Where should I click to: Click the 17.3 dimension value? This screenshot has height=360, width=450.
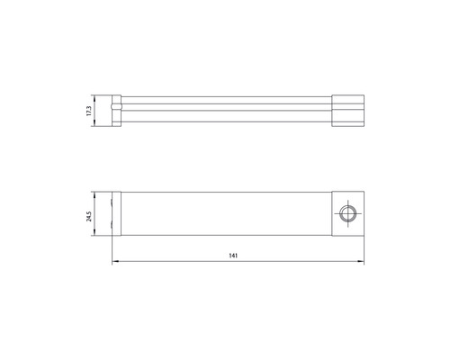pos(88,111)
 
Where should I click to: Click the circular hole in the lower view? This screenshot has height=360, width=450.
pos(346,212)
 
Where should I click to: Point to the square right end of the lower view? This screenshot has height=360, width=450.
pos(346,212)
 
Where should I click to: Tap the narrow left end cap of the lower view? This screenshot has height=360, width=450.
pos(115,212)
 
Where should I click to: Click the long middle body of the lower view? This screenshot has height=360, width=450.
pos(225,212)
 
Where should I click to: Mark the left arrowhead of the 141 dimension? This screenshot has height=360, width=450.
pos(114,264)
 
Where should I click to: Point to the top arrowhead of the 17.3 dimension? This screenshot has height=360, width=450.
pos(94,95)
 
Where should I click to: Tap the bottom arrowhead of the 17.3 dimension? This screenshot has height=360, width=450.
pos(94,126)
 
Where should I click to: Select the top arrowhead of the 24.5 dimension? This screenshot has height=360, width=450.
pos(94,193)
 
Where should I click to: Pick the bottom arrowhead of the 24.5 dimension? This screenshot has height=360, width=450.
pos(94,233)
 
